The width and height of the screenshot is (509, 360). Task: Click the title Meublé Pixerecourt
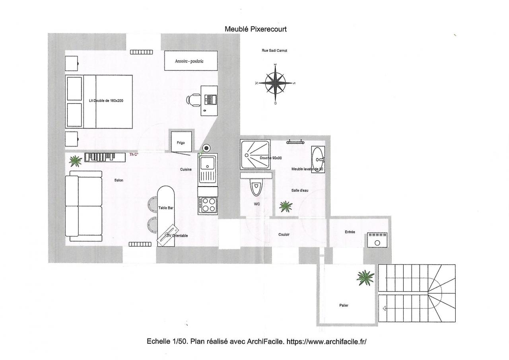(x=256, y=29)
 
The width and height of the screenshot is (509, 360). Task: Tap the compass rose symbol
(x=275, y=83)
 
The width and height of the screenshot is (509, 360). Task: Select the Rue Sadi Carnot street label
(x=274, y=51)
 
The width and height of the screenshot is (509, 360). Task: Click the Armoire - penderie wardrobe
(x=191, y=61)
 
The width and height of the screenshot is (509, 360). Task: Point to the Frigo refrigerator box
(x=181, y=142)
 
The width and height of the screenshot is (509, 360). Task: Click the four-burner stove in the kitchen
(x=208, y=205)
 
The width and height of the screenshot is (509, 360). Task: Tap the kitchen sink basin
(x=207, y=163)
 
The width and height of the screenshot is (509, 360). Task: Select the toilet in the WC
(x=256, y=187)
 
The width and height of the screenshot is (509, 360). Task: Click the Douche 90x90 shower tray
(x=255, y=155)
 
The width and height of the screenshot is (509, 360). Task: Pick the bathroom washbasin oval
(x=318, y=160)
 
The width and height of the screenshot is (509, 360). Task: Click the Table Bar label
(x=166, y=208)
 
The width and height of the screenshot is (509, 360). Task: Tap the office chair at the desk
(x=193, y=100)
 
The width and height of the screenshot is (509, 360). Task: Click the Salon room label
(x=119, y=180)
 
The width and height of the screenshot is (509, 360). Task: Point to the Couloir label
(x=284, y=235)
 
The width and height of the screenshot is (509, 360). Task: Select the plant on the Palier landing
(x=365, y=278)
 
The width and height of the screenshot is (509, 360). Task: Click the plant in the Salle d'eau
(x=286, y=206)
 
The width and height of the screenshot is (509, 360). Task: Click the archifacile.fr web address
(x=326, y=341)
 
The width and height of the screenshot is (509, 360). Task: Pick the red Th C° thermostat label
(x=134, y=155)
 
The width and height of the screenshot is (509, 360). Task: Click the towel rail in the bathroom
(x=295, y=142)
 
